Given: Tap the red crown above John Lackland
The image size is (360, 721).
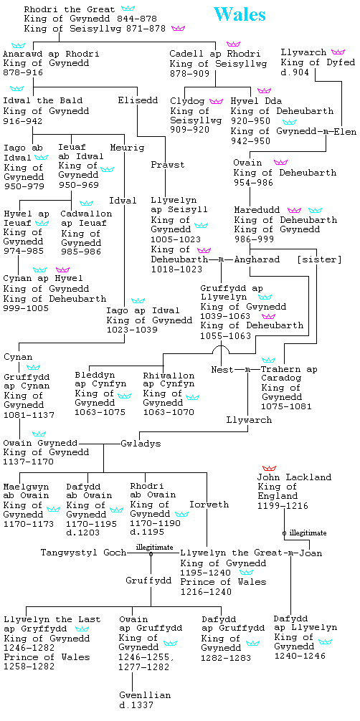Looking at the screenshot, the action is click(269, 467).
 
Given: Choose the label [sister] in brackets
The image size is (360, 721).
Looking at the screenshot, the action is click(320, 259).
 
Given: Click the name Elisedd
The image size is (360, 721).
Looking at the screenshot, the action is click(138, 100).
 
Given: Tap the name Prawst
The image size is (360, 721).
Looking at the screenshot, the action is click(168, 165).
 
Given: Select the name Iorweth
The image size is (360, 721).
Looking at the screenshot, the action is click(209, 505).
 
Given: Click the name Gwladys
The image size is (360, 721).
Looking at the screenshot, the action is click(141, 444).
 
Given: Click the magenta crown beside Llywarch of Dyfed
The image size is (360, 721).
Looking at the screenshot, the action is click(338, 52).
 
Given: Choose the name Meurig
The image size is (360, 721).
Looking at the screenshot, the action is click(127, 148).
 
